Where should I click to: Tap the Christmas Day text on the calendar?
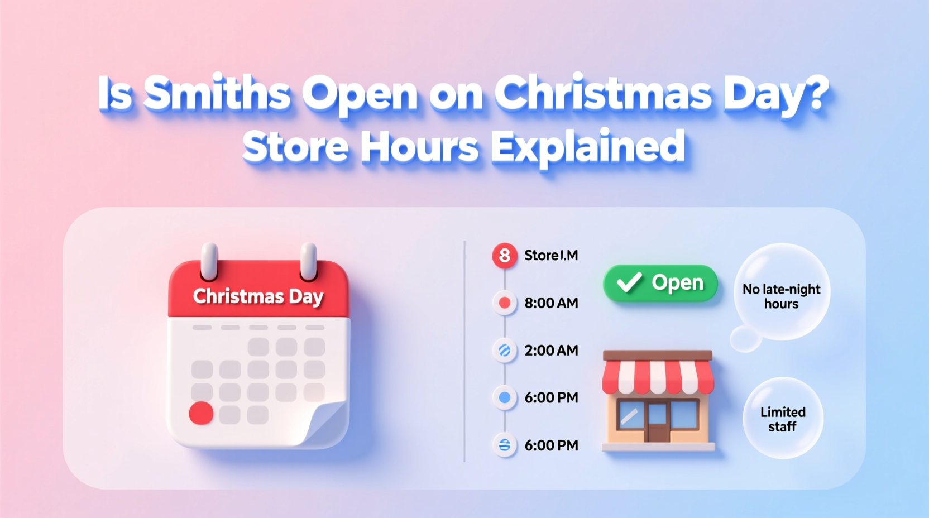tap(258, 296)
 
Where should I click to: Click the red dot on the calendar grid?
tap(201, 413)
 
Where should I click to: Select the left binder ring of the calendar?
tap(209, 261)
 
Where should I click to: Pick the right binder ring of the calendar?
tap(308, 261)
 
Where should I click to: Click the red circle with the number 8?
tap(504, 256)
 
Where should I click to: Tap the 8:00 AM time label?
tap(551, 303)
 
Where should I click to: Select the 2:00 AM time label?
tap(551, 351)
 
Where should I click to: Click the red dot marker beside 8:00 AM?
tap(505, 303)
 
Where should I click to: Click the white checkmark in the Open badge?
tap(629, 282)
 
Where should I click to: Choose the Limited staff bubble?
tap(783, 419)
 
